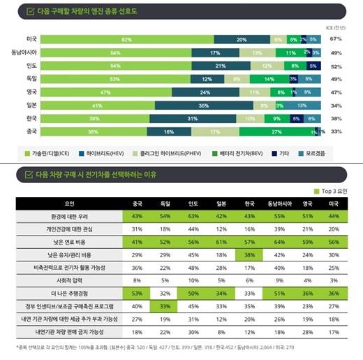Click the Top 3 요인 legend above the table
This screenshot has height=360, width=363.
336,189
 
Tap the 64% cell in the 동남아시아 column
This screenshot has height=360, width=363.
279,243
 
